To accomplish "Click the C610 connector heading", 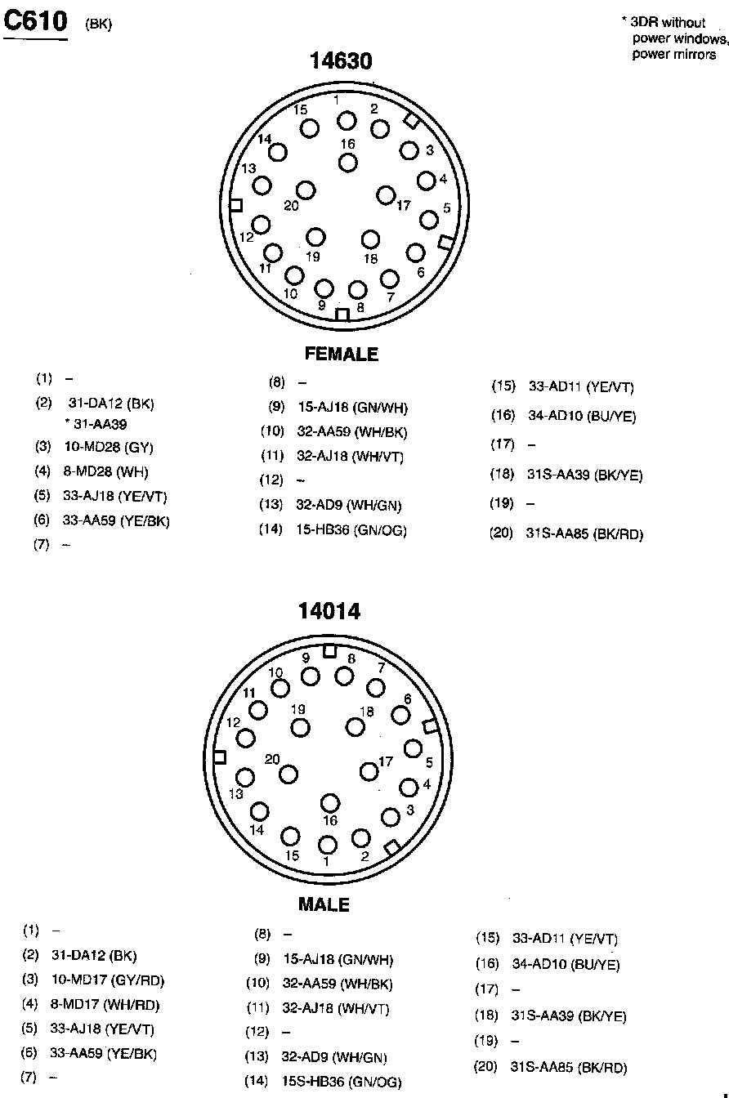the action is tap(36, 21).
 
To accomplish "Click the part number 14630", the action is tap(341, 61).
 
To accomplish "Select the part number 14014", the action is tap(329, 611).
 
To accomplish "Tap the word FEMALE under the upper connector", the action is tap(342, 354).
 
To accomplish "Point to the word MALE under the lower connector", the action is tap(324, 904).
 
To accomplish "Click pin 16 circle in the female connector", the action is tap(348, 162).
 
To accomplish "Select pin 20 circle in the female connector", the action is tap(306, 190).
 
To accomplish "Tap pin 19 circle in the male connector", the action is tap(301, 727).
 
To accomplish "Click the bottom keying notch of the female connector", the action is tap(342, 315).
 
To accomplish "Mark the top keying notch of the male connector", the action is tap(329, 651).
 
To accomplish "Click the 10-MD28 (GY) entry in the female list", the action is tap(108, 448).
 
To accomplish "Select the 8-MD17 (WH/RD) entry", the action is tap(105, 1005).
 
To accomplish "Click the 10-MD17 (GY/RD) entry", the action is tap(108, 980).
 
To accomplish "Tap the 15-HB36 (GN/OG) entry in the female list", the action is tap(351, 530).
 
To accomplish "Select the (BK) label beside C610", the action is tap(98, 25).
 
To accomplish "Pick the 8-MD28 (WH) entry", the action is tap(105, 471).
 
